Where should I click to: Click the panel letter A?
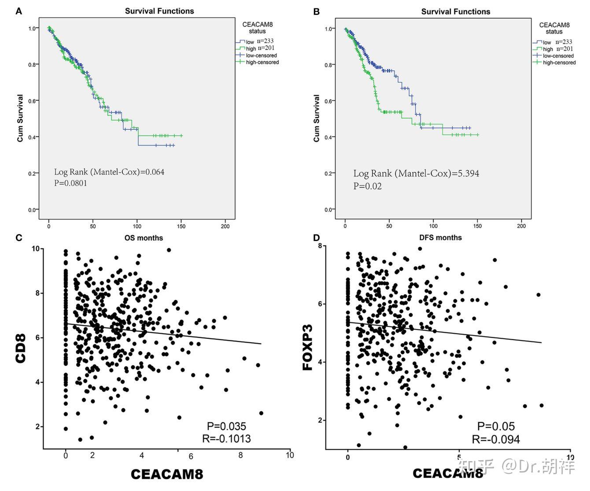18,11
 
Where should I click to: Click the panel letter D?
316,238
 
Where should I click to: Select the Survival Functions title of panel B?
455,11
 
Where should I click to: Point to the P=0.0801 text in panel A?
70,183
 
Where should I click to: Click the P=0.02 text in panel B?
367,186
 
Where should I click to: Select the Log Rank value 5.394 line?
416,173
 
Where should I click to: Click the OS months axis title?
144,238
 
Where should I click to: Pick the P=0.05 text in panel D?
496,426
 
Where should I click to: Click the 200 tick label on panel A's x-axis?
225,227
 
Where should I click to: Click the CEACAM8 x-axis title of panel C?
167,474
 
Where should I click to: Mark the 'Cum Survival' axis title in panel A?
20,118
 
